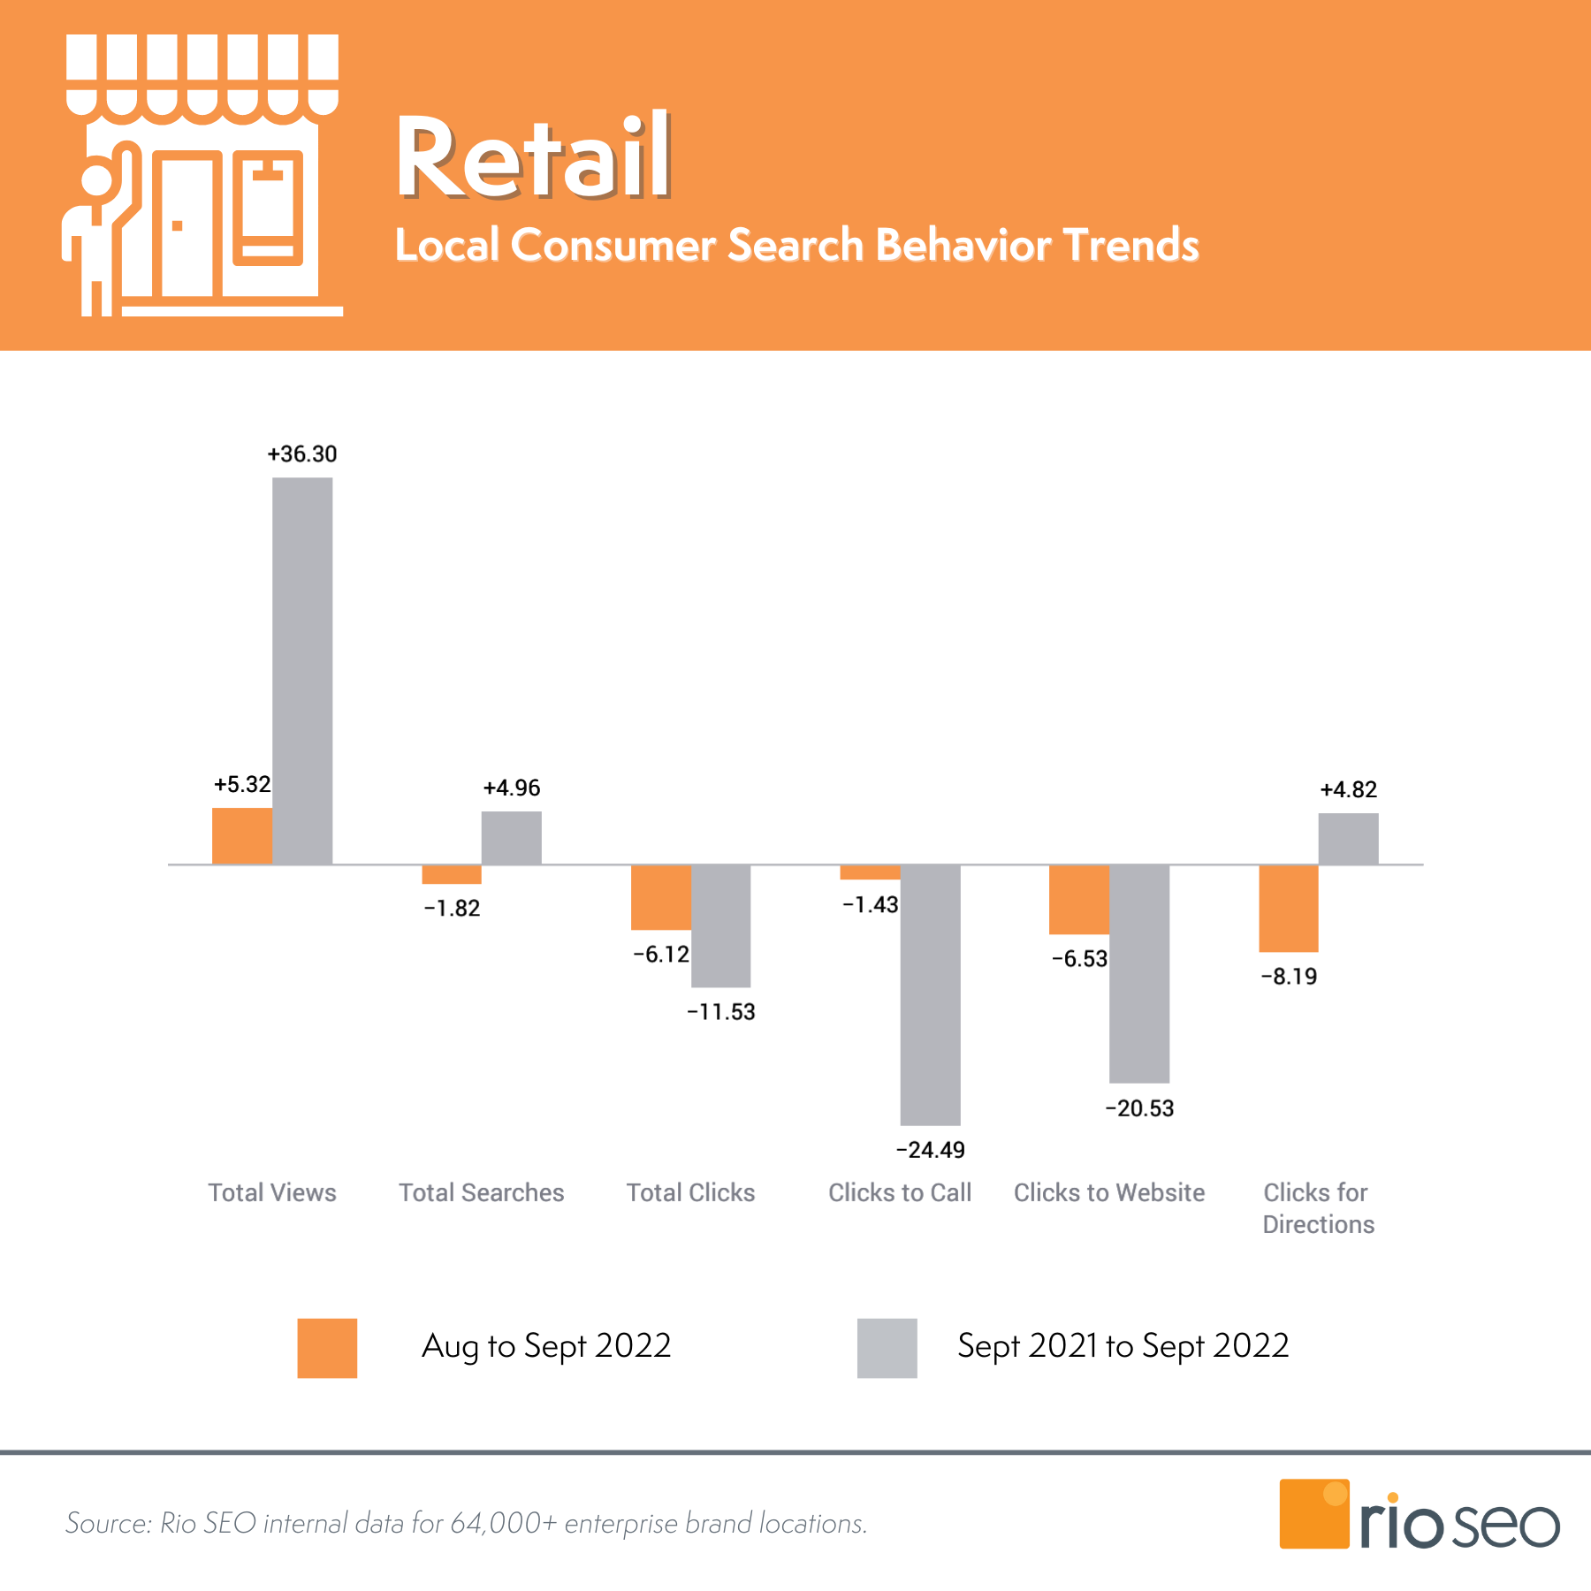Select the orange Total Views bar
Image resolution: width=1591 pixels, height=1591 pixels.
(x=241, y=835)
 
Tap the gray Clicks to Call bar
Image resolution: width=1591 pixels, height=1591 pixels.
(x=930, y=994)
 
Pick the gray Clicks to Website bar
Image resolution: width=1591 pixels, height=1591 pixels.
(x=1138, y=972)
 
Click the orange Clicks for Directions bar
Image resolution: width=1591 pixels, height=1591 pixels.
(x=1288, y=908)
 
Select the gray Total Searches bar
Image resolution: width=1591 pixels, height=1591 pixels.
(x=511, y=837)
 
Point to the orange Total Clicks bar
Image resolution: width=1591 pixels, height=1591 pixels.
(x=660, y=897)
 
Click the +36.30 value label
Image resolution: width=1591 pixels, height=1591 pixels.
(x=302, y=454)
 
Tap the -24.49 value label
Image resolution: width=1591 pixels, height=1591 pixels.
(x=930, y=1150)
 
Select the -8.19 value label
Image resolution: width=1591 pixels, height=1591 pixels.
(x=1289, y=977)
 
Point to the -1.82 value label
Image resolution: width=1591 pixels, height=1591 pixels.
(x=452, y=909)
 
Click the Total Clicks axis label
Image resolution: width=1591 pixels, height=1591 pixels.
(x=690, y=1192)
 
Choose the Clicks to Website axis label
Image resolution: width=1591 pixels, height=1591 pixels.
(x=1108, y=1192)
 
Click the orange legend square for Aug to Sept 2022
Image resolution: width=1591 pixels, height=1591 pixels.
(x=327, y=1348)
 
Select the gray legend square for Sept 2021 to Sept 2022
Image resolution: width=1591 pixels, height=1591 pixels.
(x=887, y=1348)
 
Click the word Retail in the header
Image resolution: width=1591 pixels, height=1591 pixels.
(x=533, y=157)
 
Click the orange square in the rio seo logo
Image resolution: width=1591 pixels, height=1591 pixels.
(x=1313, y=1514)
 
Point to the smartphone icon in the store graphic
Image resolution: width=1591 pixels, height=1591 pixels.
(x=267, y=209)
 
